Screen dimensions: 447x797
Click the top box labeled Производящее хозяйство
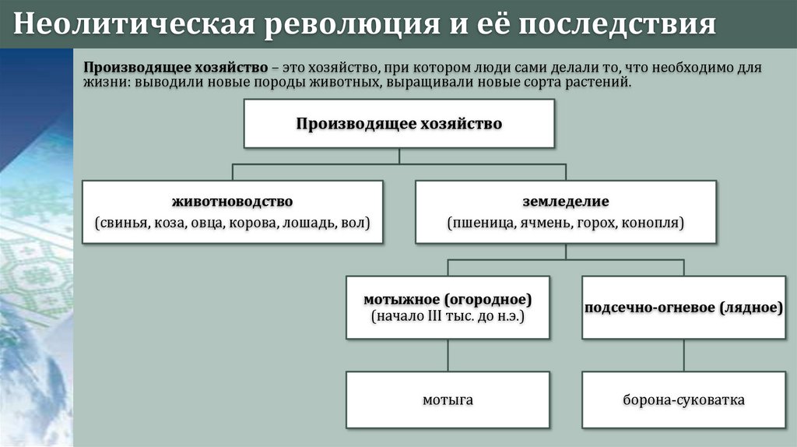point(398,123)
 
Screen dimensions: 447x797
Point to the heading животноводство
point(233,202)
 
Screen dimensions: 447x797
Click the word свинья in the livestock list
point(122,223)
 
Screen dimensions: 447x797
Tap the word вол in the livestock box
point(355,223)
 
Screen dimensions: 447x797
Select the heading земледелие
point(566,202)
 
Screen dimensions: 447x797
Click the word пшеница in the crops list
point(480,223)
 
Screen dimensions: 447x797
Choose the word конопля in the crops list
point(653,223)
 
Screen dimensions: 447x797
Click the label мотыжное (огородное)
point(448,299)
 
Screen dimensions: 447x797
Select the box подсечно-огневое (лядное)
point(683,307)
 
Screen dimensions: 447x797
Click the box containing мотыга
point(448,400)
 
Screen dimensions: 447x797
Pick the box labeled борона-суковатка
point(683,400)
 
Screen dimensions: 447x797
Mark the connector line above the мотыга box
point(448,355)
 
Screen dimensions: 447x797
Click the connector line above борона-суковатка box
point(683,355)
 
